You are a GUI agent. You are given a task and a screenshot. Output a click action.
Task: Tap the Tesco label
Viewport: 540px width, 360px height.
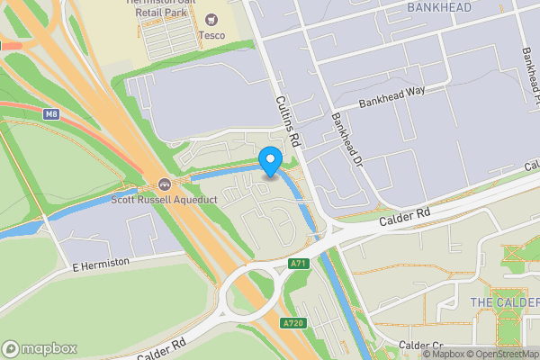[211, 35]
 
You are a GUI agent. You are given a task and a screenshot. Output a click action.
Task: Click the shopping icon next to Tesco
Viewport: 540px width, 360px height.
[212, 19]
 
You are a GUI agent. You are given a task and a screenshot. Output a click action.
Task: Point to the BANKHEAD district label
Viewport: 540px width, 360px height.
[439, 7]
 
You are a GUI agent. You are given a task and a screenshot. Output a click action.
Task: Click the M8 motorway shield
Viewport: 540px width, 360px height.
[50, 113]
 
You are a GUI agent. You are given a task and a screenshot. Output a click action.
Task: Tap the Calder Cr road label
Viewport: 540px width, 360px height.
[421, 346]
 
